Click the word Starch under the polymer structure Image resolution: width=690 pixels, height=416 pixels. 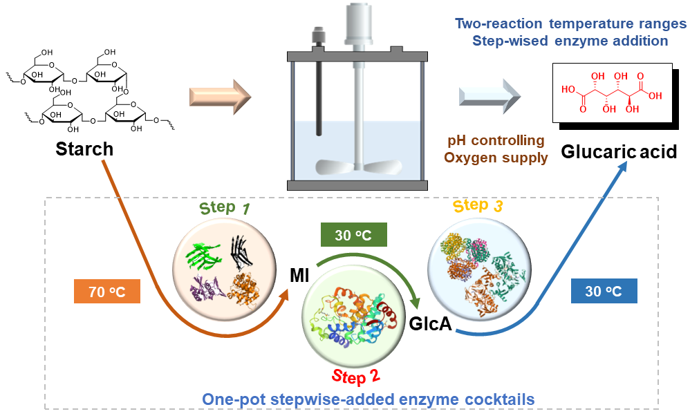[84, 149]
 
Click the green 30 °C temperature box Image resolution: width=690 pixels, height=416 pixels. [353, 235]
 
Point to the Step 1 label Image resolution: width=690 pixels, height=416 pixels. [225, 208]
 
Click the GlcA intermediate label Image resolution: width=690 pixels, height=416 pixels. [430, 323]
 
